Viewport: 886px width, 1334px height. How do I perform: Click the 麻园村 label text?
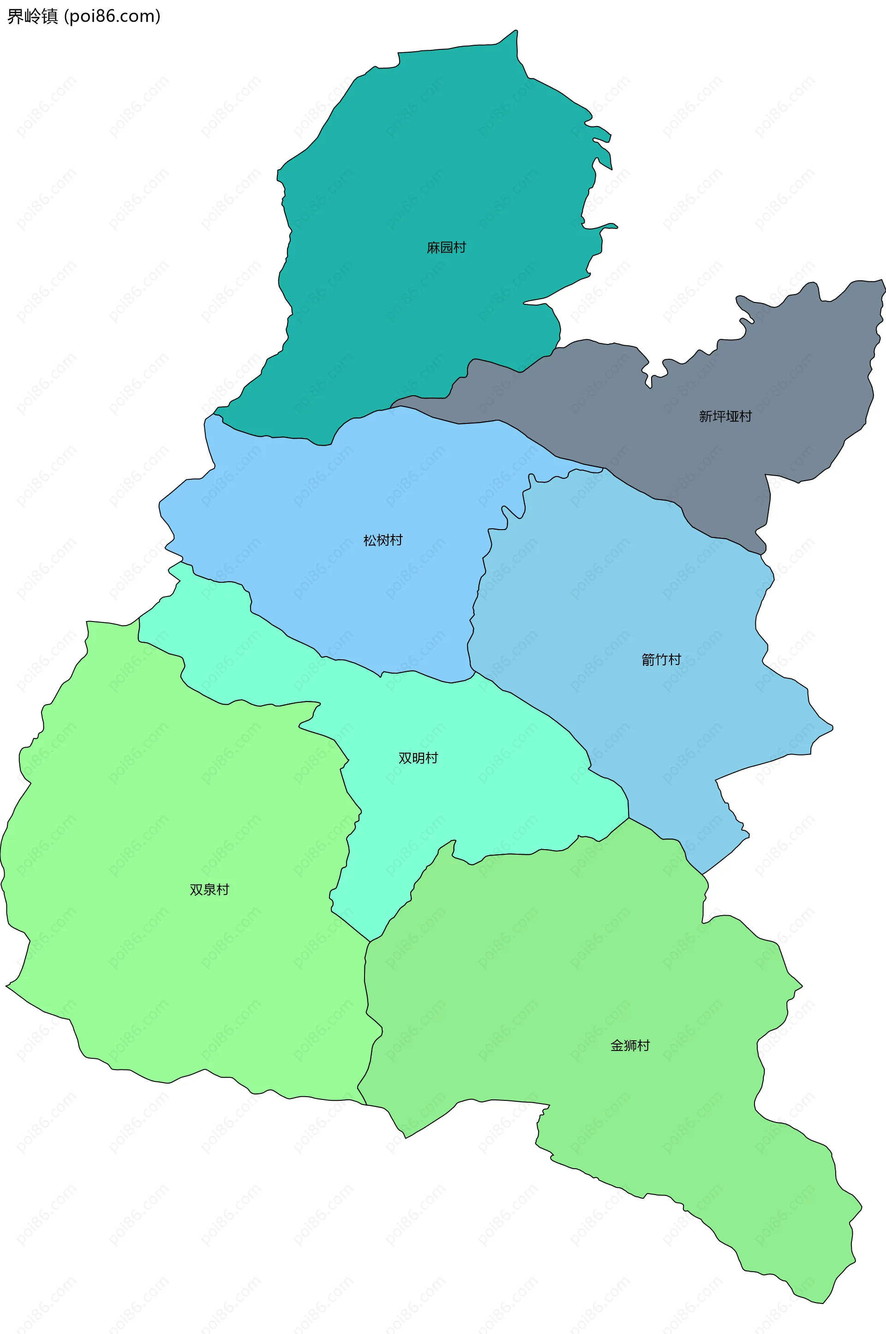[446, 247]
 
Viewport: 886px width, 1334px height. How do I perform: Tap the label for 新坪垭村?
[725, 416]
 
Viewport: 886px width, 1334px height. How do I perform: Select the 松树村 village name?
[383, 540]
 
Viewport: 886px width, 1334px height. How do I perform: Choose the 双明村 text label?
[418, 758]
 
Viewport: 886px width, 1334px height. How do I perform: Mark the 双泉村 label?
[209, 890]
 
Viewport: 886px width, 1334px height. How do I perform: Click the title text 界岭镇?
[32, 17]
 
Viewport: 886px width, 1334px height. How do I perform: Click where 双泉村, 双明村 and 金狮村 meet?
[370, 942]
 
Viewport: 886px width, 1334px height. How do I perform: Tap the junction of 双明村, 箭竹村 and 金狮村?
[629, 818]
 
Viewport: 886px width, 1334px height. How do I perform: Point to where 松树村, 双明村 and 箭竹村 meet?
[473, 671]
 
